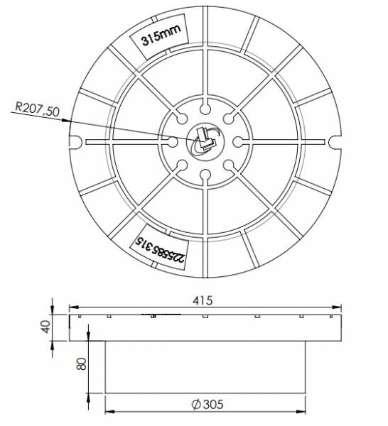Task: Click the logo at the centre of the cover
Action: click(x=204, y=141)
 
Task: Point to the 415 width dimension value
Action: click(x=204, y=300)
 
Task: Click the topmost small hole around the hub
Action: click(x=204, y=108)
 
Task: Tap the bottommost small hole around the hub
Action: click(x=204, y=174)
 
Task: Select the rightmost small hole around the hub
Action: click(x=237, y=141)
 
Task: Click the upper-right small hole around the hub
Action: click(x=227, y=118)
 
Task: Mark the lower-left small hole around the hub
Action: click(x=180, y=165)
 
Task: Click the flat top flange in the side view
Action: click(x=204, y=327)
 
